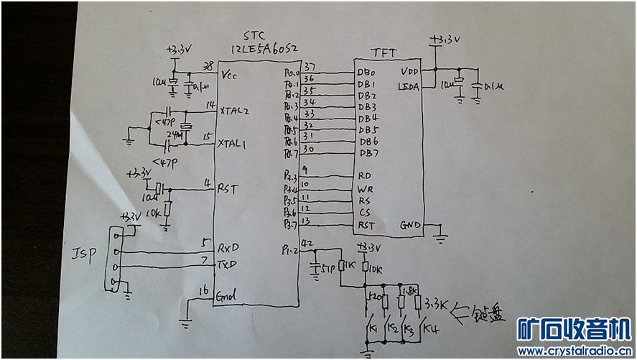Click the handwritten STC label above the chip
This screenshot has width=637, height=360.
tap(255, 35)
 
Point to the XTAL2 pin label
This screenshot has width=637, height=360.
tap(235, 111)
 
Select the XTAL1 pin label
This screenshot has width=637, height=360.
tap(234, 144)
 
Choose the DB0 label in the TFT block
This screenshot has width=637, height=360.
tap(366, 73)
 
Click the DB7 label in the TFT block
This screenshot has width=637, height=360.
tap(367, 152)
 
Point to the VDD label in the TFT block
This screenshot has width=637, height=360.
tap(410, 71)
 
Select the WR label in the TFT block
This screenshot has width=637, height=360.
tap(365, 188)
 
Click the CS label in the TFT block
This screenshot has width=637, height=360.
tap(364, 213)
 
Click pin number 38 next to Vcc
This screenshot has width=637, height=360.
tap(209, 65)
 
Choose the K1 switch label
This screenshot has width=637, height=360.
tap(373, 329)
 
